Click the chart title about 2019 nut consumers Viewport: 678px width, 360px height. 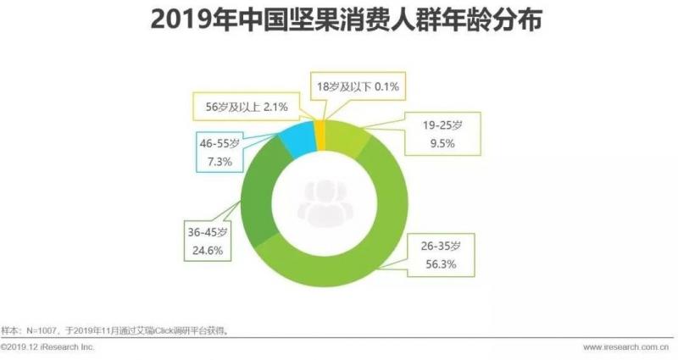click(339, 22)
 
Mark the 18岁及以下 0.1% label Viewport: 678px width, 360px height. click(357, 86)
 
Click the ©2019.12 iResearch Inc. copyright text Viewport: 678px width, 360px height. click(48, 347)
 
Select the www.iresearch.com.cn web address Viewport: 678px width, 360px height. click(625, 347)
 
